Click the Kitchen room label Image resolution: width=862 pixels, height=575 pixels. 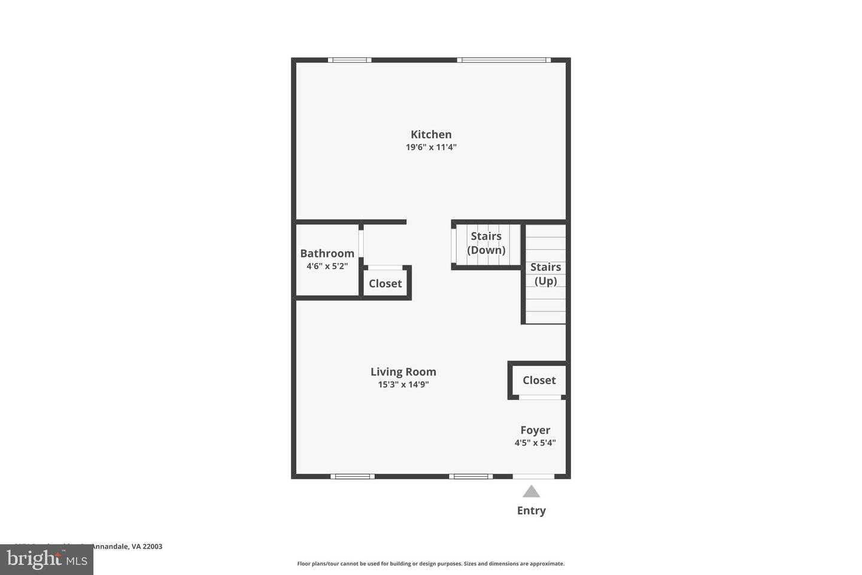[x=431, y=135]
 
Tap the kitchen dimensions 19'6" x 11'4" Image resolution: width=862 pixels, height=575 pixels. [x=431, y=147]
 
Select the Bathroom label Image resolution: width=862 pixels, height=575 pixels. [x=327, y=253]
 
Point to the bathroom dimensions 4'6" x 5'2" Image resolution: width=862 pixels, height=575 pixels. [x=327, y=266]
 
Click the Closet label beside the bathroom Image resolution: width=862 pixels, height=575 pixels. [x=385, y=283]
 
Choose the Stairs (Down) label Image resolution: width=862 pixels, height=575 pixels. [x=486, y=243]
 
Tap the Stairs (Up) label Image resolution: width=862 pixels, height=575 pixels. [x=545, y=274]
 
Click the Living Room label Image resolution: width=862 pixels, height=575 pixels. [x=403, y=372]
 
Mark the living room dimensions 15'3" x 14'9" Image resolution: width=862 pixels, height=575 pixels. [x=403, y=385]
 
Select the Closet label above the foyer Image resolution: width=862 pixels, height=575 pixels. [x=539, y=380]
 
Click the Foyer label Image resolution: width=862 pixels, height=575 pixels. [x=535, y=430]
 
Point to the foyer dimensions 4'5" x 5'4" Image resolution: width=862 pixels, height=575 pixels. [x=535, y=443]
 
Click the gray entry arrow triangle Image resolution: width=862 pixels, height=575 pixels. [x=531, y=492]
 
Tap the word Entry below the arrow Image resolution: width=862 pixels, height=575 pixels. [x=531, y=511]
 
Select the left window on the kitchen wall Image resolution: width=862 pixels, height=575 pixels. [x=350, y=60]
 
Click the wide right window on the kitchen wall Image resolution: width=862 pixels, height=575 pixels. [x=503, y=60]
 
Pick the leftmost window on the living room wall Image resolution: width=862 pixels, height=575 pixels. [x=353, y=477]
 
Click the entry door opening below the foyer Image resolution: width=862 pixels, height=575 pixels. [x=533, y=477]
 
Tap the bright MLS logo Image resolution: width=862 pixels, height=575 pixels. [x=47, y=559]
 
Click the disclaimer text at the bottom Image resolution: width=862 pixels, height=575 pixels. [x=430, y=564]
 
